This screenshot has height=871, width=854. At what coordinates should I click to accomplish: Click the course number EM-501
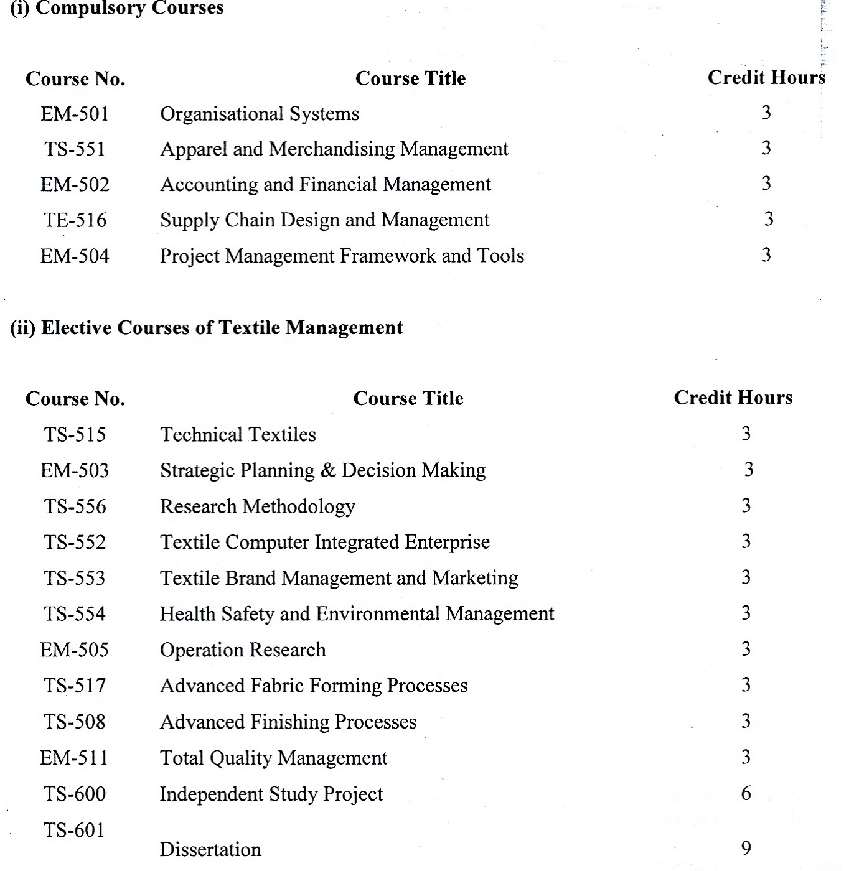coord(75,114)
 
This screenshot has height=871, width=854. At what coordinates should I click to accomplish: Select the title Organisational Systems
coord(260,114)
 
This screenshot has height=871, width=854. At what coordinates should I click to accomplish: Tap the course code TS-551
coord(75,149)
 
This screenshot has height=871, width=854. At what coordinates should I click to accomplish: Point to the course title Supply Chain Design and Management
coord(324,220)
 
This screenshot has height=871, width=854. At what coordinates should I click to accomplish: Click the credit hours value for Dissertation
coord(746,848)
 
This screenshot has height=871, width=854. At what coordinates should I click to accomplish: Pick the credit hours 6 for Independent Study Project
coord(746,793)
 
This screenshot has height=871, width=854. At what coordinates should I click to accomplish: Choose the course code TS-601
coord(74,830)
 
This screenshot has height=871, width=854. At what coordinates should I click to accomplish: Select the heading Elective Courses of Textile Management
coord(207,328)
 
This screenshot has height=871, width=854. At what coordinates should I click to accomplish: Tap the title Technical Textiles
coord(238,434)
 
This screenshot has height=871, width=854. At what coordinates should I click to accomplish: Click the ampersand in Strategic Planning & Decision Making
coord(328,470)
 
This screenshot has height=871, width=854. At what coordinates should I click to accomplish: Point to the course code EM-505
coord(74,650)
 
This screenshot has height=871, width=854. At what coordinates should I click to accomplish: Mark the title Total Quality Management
coord(273,758)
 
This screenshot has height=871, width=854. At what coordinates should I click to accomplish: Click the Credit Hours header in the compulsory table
coord(766,78)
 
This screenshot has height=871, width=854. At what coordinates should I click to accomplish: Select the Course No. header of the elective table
coord(75,399)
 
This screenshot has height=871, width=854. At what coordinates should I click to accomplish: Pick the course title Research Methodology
coord(258,506)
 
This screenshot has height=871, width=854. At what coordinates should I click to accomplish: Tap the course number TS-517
coord(75,686)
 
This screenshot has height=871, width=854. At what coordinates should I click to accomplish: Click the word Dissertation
coord(210,849)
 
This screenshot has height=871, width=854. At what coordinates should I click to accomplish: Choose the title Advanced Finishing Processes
coord(288,722)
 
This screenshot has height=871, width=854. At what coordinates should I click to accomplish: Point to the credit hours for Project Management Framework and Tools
coord(766,255)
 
